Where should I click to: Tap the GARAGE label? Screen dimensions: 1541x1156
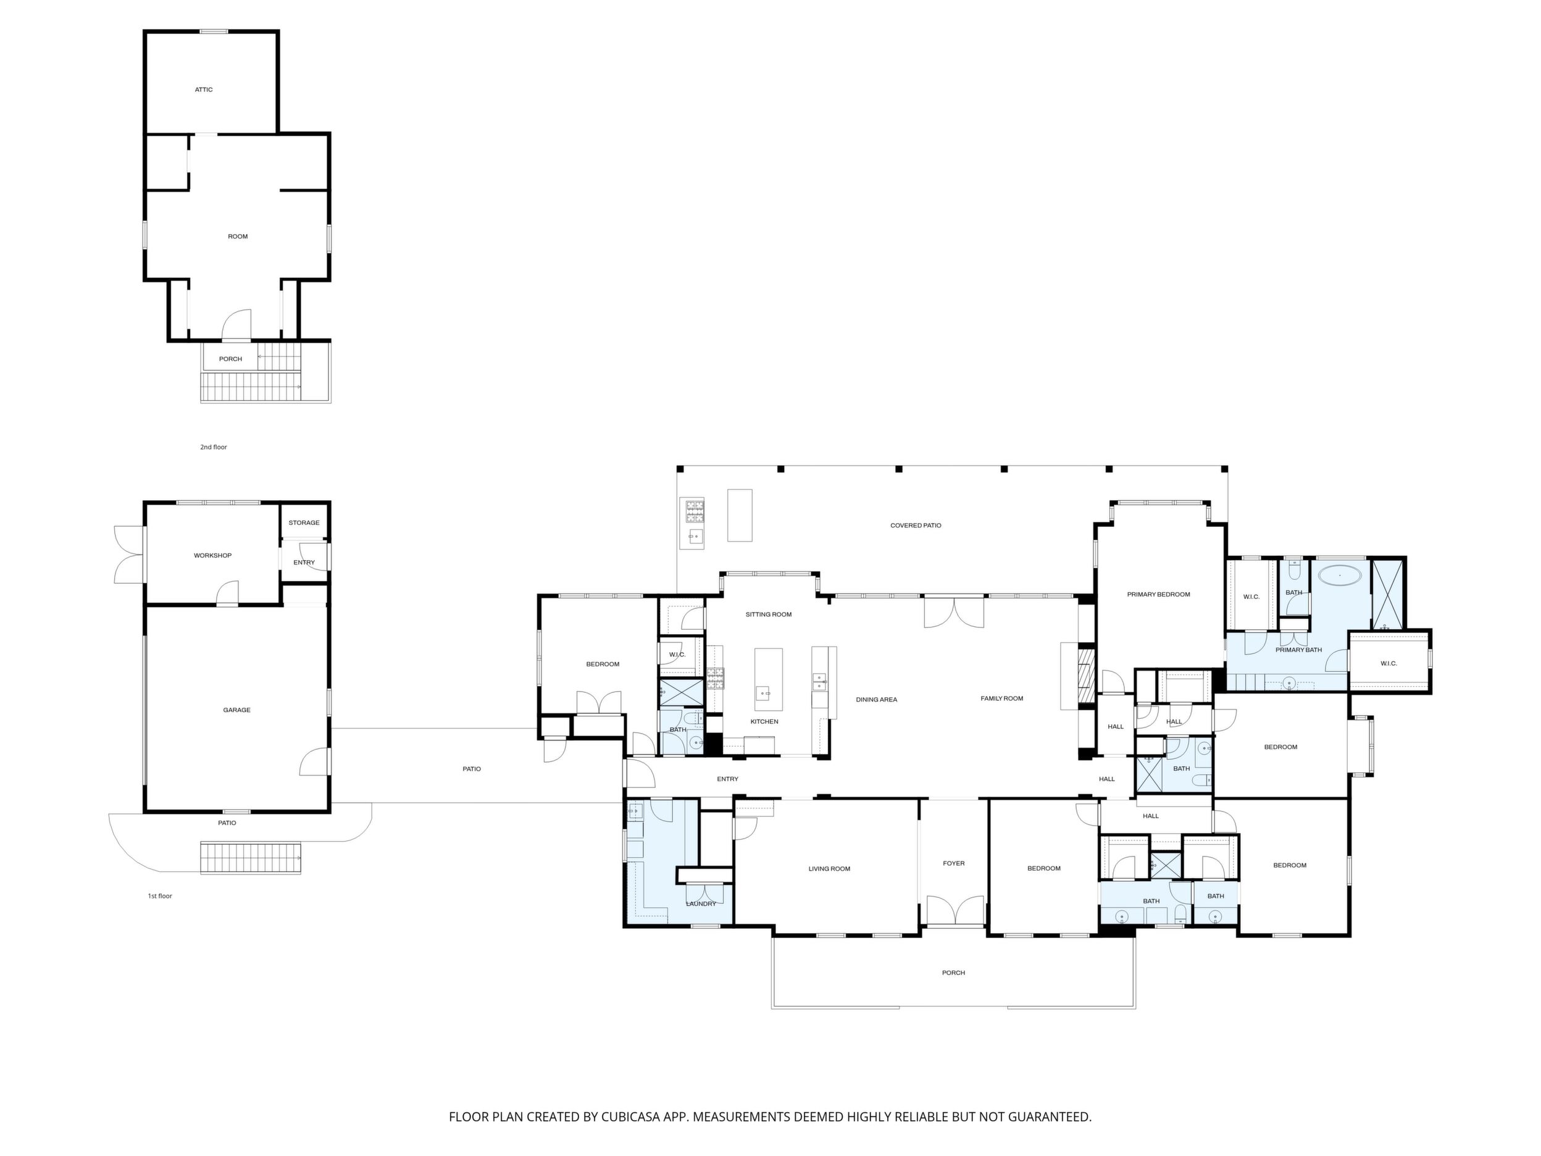(x=237, y=710)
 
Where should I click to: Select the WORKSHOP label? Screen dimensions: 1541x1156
(x=212, y=555)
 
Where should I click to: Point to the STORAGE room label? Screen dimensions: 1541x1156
(x=304, y=522)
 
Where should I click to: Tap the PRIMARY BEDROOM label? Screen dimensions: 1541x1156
(x=1159, y=595)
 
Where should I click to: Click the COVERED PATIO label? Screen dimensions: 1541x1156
(x=916, y=526)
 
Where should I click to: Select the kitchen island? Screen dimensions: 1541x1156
(x=769, y=679)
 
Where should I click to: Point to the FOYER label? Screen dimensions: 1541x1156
(x=954, y=863)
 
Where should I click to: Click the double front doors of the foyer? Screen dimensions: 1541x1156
(x=954, y=910)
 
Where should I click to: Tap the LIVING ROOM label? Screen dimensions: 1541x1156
(x=829, y=869)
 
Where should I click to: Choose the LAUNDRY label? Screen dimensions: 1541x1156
(x=701, y=904)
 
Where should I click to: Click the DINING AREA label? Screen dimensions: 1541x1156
(x=877, y=700)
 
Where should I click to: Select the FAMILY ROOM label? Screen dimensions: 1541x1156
(x=1002, y=698)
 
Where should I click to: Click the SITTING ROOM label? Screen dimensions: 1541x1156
(x=769, y=614)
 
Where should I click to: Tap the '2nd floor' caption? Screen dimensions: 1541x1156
(x=213, y=447)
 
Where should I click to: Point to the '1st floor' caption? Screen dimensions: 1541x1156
(x=159, y=896)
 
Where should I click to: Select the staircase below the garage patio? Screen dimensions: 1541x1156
(x=251, y=858)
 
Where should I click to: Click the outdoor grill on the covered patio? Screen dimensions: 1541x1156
(x=694, y=512)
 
